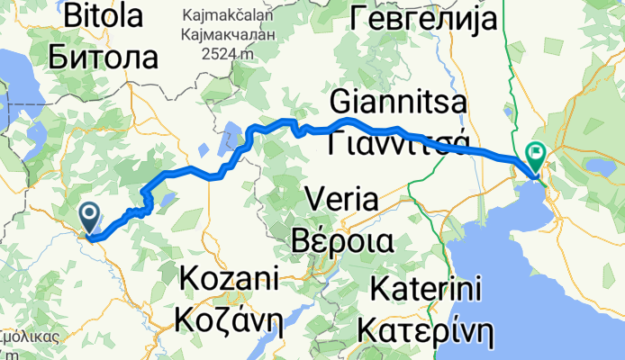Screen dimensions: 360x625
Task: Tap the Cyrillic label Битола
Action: pos(104,58)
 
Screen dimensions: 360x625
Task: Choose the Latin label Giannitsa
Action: pos(398,102)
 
